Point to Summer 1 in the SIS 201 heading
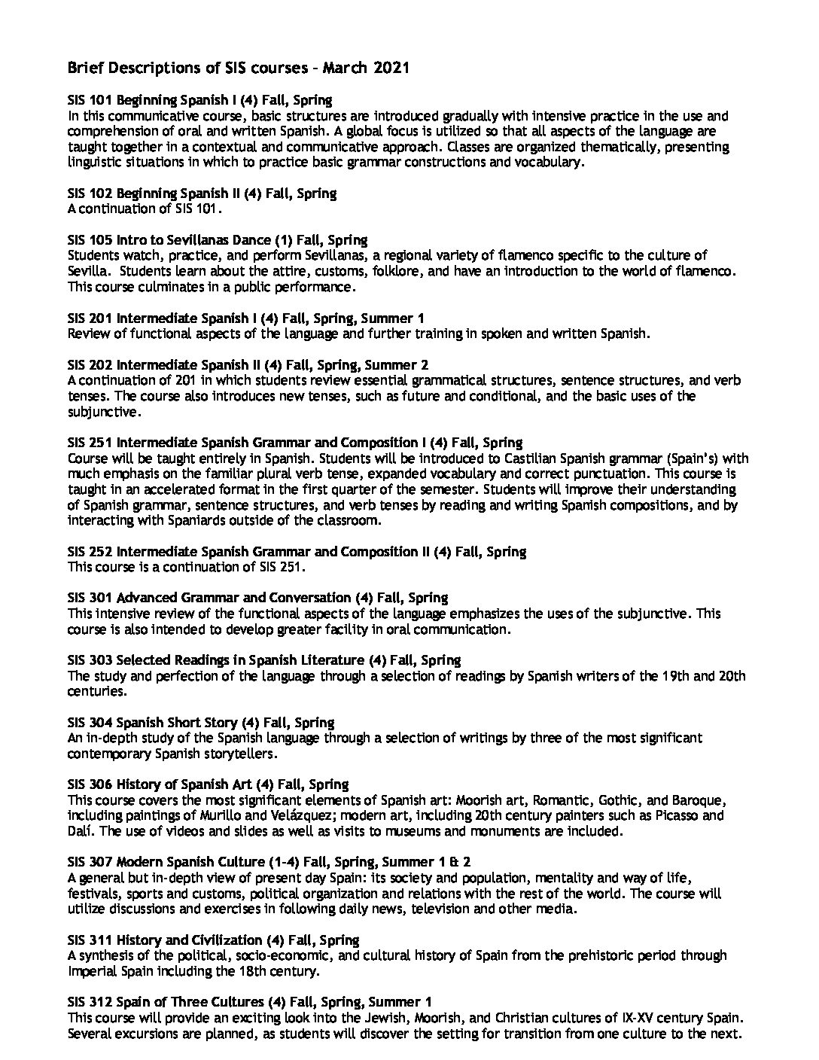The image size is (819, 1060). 404,318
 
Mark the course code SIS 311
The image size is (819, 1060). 90,940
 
